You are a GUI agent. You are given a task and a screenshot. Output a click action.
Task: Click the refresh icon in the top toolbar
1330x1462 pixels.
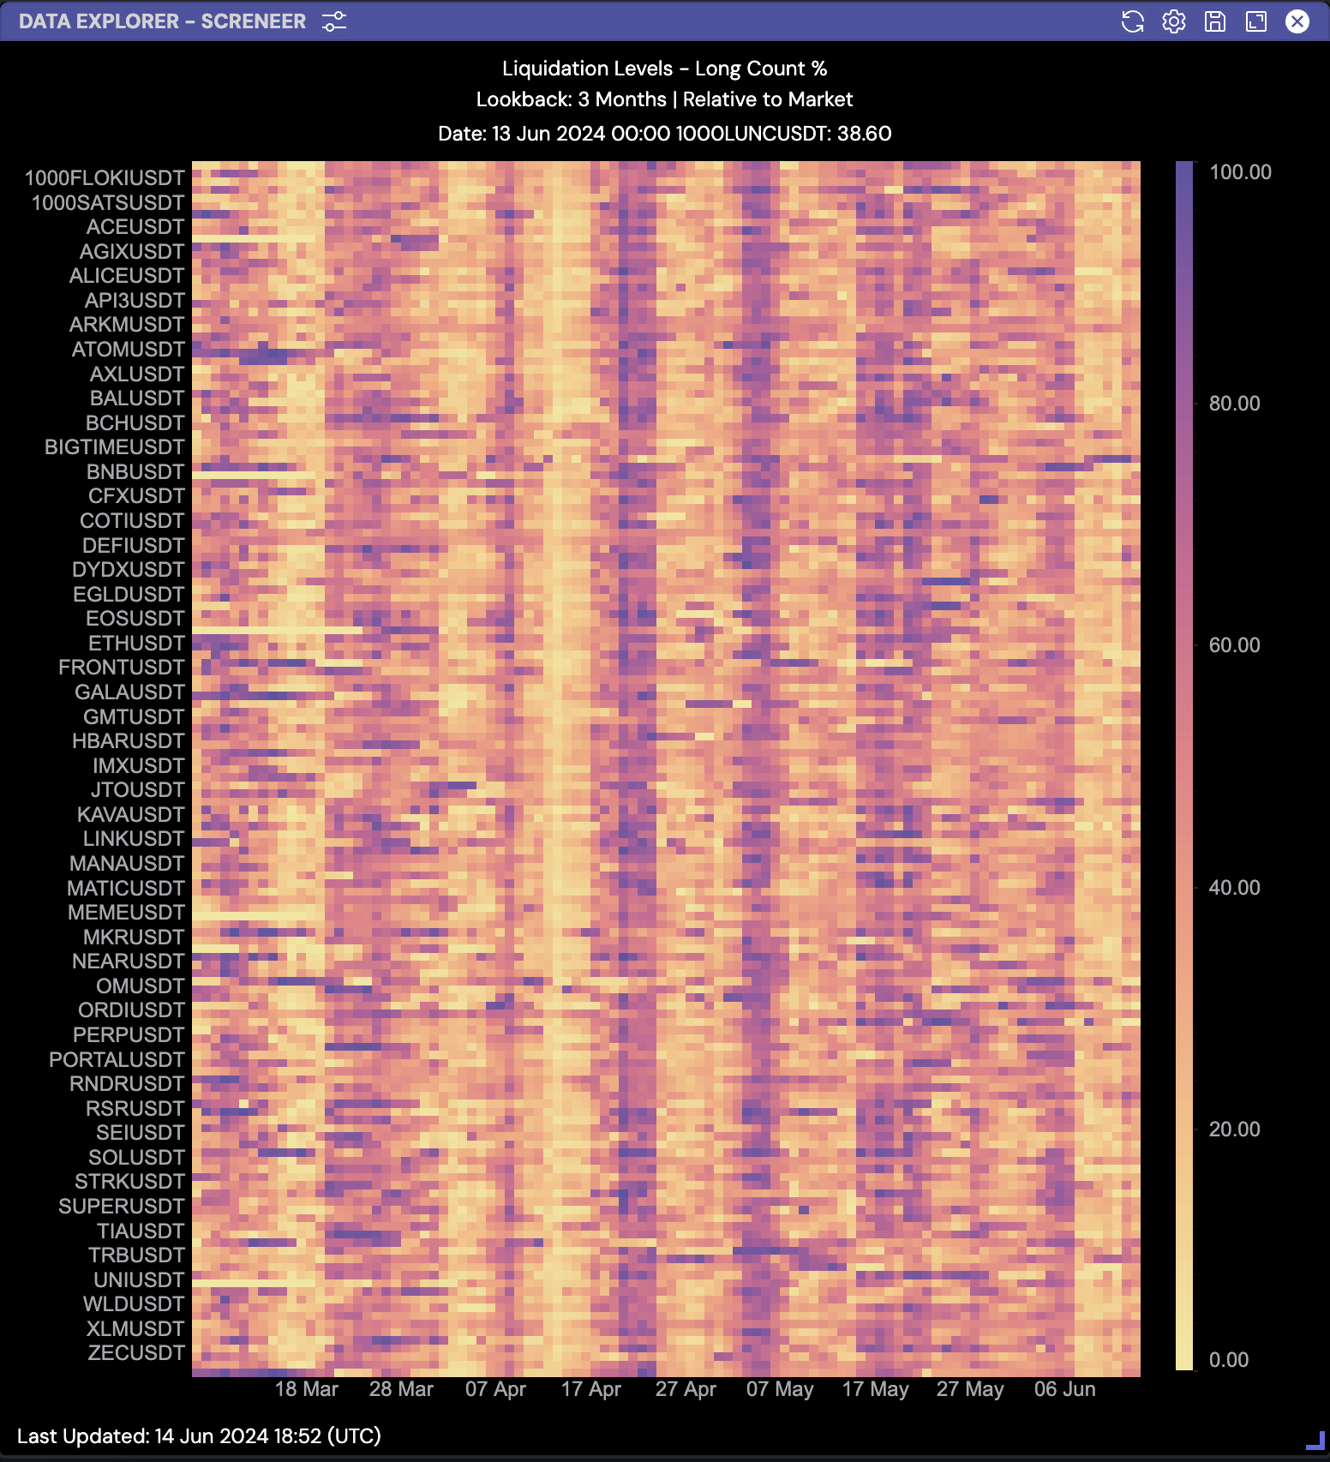pyautogui.click(x=1132, y=21)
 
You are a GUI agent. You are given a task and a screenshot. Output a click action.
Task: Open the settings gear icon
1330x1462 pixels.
pyautogui.click(x=1173, y=21)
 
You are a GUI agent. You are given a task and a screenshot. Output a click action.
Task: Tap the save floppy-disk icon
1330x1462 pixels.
pyautogui.click(x=1214, y=21)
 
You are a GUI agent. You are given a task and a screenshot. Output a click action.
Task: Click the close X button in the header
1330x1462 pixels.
pyautogui.click(x=1297, y=21)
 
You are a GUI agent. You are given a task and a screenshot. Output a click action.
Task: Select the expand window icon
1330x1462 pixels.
pyautogui.click(x=1255, y=21)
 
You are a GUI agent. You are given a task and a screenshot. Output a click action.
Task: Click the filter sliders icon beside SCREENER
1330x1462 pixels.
pyautogui.click(x=334, y=21)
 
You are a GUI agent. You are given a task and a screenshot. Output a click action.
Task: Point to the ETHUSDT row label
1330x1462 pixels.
pyautogui.click(x=136, y=644)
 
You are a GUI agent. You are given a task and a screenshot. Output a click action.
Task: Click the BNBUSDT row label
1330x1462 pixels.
pyautogui.click(x=135, y=472)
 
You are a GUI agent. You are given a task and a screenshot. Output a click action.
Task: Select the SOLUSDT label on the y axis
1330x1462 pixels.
pyautogui.click(x=136, y=1158)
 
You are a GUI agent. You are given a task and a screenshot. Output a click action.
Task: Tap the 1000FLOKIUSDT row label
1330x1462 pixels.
pyautogui.click(x=105, y=178)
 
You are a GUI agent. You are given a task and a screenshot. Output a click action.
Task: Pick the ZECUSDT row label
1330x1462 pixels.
pyautogui.click(x=136, y=1353)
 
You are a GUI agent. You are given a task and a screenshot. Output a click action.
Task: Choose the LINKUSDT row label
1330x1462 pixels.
pyautogui.click(x=134, y=839)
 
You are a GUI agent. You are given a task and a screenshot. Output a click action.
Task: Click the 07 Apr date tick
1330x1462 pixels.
pyautogui.click(x=495, y=1389)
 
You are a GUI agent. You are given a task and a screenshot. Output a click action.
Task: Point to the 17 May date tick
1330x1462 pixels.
pyautogui.click(x=875, y=1389)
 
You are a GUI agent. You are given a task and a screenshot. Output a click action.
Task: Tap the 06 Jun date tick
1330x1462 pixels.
pyautogui.click(x=1064, y=1389)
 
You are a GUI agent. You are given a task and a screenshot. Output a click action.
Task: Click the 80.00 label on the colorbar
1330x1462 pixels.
pyautogui.click(x=1234, y=404)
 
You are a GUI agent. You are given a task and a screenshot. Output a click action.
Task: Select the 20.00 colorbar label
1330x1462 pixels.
pyautogui.click(x=1234, y=1129)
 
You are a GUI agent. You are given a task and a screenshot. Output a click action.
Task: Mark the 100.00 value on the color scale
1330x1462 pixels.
pyautogui.click(x=1239, y=172)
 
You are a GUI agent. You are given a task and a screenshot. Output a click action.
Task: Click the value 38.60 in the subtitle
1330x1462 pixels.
pyautogui.click(x=864, y=134)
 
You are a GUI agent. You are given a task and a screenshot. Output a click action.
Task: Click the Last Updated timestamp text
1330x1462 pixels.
pyautogui.click(x=199, y=1436)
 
